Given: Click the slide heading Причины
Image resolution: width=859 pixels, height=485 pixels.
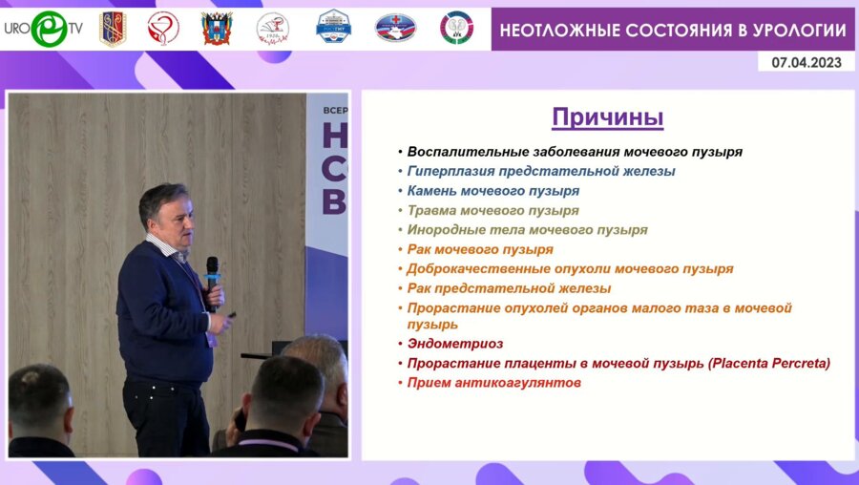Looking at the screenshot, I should click(607, 118).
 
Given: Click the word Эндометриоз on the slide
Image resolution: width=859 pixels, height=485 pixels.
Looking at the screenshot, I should click(454, 344).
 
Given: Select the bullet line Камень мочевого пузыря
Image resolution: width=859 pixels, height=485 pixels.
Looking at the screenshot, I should click(492, 190).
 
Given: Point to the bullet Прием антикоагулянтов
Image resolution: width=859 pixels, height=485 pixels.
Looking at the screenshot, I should click(493, 383).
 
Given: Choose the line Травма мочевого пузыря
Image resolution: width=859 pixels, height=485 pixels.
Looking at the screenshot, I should click(492, 210).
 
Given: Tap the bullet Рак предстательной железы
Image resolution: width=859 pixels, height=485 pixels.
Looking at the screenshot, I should click(509, 287).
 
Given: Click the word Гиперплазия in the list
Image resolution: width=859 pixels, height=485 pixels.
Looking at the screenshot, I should click(451, 171).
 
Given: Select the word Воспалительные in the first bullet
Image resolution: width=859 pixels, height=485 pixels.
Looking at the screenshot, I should click(465, 151).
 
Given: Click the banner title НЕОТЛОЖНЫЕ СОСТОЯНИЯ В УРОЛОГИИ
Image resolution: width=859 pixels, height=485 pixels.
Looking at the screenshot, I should click(673, 30).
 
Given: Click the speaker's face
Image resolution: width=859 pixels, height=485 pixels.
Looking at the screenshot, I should click(178, 219).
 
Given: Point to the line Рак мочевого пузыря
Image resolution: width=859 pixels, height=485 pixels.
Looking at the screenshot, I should click(479, 249).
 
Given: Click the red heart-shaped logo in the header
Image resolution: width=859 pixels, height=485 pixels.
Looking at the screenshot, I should click(163, 29).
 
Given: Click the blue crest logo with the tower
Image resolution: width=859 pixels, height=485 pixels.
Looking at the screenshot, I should click(333, 28).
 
